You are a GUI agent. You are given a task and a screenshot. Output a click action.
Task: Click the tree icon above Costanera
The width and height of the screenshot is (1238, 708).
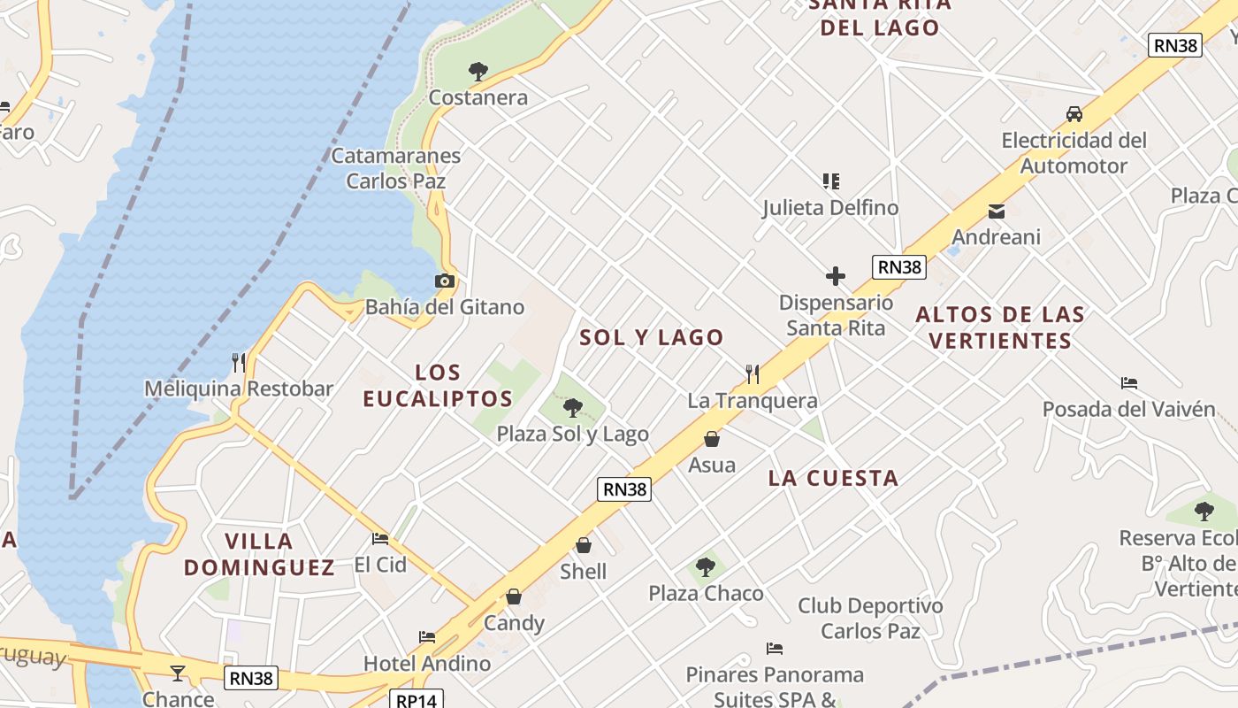[478, 71]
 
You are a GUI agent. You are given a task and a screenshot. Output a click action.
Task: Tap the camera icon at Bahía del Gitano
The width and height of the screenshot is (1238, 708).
[445, 281]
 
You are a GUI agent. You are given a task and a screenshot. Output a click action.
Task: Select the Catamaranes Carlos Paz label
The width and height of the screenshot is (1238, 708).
[396, 168]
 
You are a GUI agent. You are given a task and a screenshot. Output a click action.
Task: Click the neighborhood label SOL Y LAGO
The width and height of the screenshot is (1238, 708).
[652, 337]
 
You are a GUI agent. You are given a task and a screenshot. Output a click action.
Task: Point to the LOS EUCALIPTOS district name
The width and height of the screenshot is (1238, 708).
[438, 386]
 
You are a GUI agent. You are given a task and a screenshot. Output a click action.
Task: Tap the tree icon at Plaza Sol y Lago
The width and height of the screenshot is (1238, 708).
[573, 408]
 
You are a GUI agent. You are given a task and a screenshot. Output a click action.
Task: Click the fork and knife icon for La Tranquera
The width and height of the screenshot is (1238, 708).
[753, 373]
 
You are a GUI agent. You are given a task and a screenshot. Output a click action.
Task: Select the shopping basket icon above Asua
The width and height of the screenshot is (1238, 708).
[712, 439]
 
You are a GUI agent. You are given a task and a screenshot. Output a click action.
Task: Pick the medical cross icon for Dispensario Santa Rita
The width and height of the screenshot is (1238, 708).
[836, 276]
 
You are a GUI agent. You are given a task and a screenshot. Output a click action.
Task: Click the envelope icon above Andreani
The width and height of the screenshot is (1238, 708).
[997, 211]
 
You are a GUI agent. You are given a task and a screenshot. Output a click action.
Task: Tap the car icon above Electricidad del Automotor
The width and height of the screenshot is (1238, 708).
[1074, 114]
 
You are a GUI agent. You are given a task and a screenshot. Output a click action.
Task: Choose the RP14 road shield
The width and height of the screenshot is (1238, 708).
[416, 700]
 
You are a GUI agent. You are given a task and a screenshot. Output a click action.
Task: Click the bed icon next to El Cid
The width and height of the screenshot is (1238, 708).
[380, 538]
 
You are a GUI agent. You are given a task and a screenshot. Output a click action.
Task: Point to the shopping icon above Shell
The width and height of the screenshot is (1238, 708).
[584, 545]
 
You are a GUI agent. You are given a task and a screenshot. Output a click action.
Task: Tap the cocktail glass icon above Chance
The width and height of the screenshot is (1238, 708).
[178, 673]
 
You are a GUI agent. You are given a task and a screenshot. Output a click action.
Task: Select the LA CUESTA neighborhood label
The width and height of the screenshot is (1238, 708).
[833, 479]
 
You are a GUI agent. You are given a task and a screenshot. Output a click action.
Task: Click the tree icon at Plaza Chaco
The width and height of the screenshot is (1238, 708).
[706, 566]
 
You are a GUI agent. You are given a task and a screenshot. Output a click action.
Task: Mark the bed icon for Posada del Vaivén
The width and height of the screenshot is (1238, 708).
[1129, 383]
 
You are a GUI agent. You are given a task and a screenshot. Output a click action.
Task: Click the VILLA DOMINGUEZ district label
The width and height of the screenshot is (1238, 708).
[259, 554]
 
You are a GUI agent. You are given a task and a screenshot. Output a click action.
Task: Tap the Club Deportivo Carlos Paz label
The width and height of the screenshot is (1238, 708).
[870, 619]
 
